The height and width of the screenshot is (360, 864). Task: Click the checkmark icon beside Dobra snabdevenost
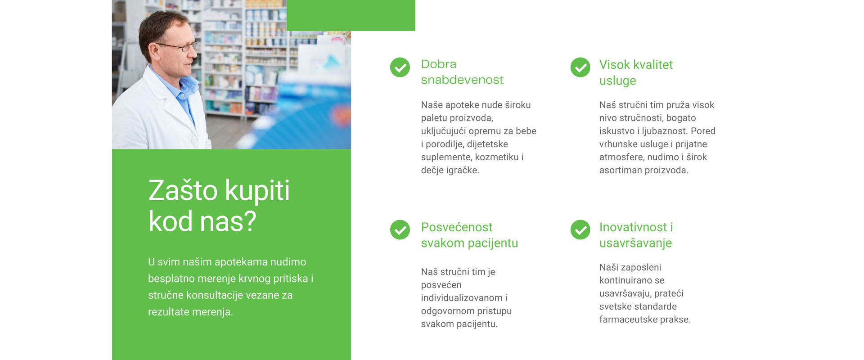400,67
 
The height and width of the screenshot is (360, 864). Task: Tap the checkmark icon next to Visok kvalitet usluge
580,67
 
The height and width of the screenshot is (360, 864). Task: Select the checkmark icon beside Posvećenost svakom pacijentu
400,230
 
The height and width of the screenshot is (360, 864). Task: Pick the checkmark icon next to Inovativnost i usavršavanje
580,230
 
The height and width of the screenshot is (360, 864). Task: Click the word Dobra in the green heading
439,64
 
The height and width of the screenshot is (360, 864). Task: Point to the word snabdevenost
462,80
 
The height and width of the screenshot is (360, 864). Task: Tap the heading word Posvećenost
457,227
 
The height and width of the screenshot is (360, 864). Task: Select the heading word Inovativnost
633,227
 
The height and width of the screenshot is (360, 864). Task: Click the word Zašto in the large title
183,190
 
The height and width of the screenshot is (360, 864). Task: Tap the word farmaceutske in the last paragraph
628,319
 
